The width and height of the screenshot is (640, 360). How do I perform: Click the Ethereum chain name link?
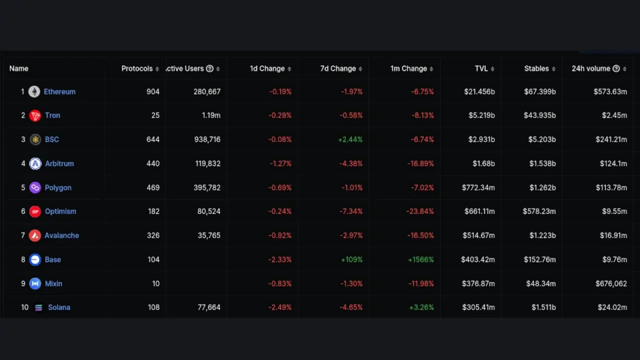click(x=59, y=92)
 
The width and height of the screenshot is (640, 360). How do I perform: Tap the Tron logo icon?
click(x=35, y=116)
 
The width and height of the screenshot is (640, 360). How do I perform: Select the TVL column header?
click(x=481, y=69)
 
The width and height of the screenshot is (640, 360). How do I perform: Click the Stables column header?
click(x=536, y=69)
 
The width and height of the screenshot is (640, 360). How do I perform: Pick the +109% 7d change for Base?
click(x=351, y=259)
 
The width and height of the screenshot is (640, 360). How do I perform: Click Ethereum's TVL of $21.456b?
click(x=479, y=92)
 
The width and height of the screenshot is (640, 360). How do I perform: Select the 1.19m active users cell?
click(x=210, y=115)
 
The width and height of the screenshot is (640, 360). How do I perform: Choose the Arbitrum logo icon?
click(x=35, y=163)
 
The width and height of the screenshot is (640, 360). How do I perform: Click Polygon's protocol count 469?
click(x=153, y=187)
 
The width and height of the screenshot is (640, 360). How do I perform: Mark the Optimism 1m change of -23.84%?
click(x=420, y=211)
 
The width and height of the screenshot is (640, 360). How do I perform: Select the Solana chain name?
click(x=59, y=307)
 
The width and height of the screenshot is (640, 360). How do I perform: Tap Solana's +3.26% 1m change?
click(x=421, y=307)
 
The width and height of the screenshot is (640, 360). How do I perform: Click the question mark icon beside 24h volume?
click(x=616, y=69)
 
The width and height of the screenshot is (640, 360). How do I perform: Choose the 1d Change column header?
click(x=267, y=69)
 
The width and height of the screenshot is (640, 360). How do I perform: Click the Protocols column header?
click(x=137, y=69)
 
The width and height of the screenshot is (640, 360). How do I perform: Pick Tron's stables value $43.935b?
click(x=539, y=115)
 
